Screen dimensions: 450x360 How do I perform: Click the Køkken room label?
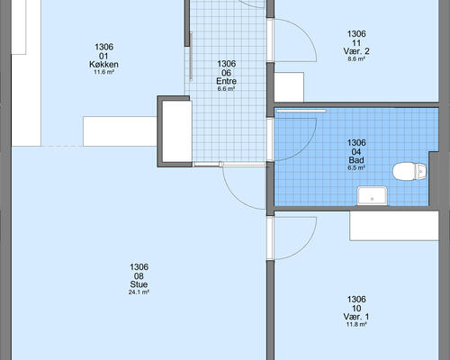click(x=103, y=64)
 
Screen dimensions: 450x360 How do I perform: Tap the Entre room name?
click(x=227, y=81)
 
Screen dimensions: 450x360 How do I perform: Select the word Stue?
click(x=139, y=284)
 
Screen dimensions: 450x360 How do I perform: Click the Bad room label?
click(x=356, y=160)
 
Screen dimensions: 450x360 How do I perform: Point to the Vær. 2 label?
click(x=356, y=51)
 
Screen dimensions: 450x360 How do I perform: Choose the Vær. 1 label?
click(x=356, y=317)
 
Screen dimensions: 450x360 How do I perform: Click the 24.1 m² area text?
click(x=139, y=292)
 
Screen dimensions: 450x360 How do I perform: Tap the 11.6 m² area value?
click(x=103, y=72)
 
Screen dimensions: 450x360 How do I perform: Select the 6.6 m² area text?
click(x=227, y=89)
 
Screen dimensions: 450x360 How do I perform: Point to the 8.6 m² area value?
click(x=356, y=58)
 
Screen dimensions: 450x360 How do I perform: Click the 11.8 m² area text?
click(x=356, y=324)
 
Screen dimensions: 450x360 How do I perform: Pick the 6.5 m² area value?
click(x=356, y=167)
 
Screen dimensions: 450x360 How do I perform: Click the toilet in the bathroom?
click(x=409, y=172)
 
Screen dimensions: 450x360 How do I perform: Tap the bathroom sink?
click(x=372, y=196)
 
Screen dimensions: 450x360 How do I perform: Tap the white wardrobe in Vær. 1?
click(x=394, y=226)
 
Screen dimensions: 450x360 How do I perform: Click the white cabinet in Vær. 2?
click(x=289, y=87)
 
